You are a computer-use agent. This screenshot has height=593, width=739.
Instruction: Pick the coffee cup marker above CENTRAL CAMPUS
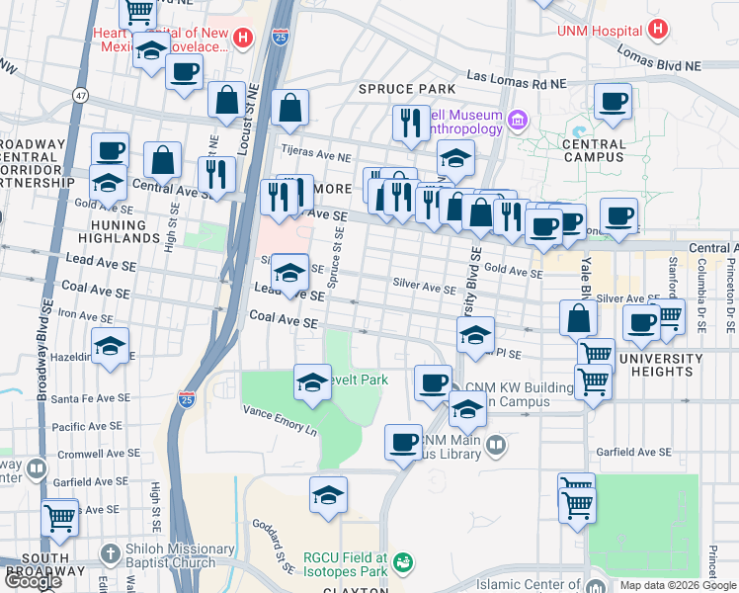(613, 101)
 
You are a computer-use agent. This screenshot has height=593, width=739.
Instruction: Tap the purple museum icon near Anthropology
(517, 122)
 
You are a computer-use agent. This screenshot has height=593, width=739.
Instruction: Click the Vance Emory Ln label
(281, 424)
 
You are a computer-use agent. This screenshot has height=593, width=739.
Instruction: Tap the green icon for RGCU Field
(402, 564)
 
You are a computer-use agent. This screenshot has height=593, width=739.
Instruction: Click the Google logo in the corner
(33, 581)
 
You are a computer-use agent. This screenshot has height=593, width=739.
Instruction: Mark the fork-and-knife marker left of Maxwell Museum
(409, 123)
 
